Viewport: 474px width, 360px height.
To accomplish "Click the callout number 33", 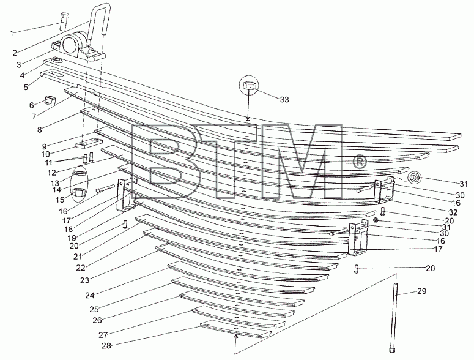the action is point(284,100).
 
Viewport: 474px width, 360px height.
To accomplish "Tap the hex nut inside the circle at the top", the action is point(249,85).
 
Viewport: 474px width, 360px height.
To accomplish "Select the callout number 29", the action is point(421,291).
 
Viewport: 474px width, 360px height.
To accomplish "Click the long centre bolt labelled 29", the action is point(393,318).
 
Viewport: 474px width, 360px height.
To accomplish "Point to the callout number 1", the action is point(12,34).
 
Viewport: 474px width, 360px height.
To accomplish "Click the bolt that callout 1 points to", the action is point(64,21).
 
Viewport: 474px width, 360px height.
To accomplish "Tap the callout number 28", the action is point(106,346).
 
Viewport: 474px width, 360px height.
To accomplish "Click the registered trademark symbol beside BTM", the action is point(359,162).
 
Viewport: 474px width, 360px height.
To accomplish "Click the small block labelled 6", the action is point(50,100).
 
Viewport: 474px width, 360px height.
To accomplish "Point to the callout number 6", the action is point(32,105).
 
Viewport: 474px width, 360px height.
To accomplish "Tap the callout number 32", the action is point(453,212).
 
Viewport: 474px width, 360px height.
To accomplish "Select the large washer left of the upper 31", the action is point(413,178).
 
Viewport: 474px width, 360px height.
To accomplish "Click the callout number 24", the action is point(90,295).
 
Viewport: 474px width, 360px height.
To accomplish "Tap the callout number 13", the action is point(55,183).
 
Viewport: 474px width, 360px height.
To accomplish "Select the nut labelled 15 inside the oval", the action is point(80,192).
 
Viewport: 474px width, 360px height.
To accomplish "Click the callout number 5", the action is point(26,87).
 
